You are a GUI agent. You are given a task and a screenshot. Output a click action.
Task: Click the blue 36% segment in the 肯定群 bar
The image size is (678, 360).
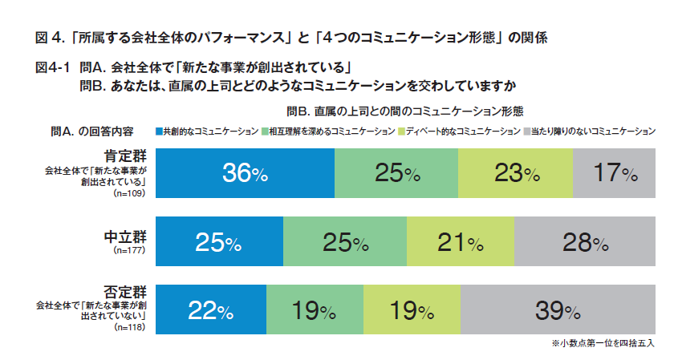pyautogui.click(x=245, y=173)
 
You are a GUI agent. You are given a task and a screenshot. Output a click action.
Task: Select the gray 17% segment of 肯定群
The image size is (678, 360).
pyautogui.click(x=614, y=173)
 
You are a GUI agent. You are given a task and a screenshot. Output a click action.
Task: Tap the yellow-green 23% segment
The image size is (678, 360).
pyautogui.click(x=515, y=173)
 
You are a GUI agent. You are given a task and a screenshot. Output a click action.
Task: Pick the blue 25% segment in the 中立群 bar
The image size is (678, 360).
pyautogui.click(x=219, y=242)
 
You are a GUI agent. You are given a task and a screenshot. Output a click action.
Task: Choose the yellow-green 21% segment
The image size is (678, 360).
pyautogui.click(x=460, y=242)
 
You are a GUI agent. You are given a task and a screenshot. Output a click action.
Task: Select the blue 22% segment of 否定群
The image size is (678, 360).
pyautogui.click(x=210, y=311)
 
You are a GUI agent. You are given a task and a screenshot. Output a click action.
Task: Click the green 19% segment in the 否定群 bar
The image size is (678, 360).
pyautogui.click(x=315, y=311)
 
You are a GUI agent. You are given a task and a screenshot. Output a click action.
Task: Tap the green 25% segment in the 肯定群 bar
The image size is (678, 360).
pyautogui.click(x=396, y=173)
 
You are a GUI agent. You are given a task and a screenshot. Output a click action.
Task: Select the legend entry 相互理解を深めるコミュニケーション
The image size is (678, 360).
pyautogui.click(x=330, y=131)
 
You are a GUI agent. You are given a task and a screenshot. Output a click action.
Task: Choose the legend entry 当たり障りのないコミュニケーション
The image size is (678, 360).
pyautogui.click(x=590, y=131)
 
